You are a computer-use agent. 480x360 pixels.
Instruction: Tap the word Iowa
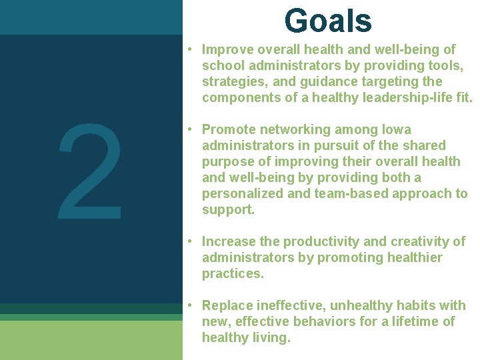point(397,129)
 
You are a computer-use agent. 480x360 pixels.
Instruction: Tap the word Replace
point(227,305)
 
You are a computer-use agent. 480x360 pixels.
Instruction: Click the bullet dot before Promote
point(190,129)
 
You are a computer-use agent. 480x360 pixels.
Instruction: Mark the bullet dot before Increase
point(190,241)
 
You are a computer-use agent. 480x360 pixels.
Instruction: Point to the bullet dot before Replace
point(190,305)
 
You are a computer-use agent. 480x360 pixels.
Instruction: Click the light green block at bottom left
point(91,340)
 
